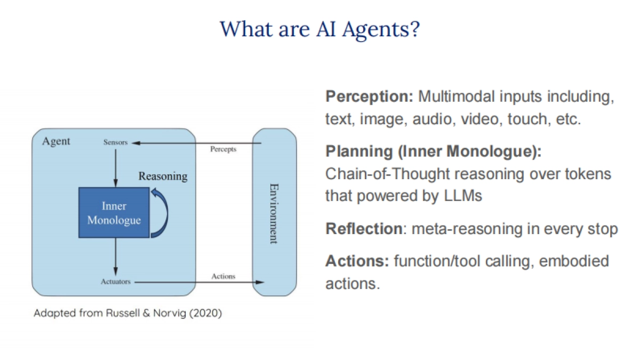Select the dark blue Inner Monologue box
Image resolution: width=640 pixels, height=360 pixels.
(114, 212)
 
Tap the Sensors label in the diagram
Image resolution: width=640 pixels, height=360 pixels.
(115, 142)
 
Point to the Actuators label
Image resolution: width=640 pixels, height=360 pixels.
(115, 281)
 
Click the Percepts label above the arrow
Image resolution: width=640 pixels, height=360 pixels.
(223, 149)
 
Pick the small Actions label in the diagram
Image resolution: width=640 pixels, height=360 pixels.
(223, 276)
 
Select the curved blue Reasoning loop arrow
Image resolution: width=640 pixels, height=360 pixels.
(162, 213)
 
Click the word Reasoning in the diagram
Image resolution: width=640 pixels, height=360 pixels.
(163, 176)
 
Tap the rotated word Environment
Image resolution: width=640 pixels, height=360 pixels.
(273, 213)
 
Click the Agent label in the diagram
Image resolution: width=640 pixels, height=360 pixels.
(56, 142)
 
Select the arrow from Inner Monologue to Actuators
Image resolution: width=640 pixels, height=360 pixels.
(115, 256)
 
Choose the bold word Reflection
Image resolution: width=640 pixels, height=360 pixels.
(364, 229)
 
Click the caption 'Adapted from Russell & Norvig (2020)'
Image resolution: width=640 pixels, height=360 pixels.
(127, 313)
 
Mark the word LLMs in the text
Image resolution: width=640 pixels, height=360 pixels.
(462, 196)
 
